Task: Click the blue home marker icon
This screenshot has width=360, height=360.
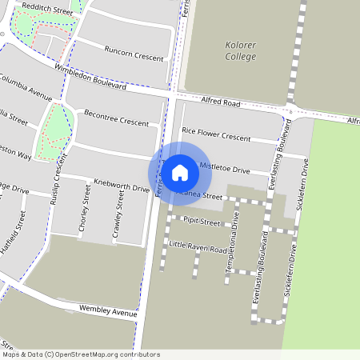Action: click(180, 172)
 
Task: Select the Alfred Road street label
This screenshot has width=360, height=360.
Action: click(222, 102)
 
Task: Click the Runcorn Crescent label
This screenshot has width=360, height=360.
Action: click(134, 54)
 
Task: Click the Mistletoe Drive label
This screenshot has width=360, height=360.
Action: click(225, 170)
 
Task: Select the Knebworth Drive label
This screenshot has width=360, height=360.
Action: click(122, 187)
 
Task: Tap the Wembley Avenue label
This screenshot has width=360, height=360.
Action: click(108, 310)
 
